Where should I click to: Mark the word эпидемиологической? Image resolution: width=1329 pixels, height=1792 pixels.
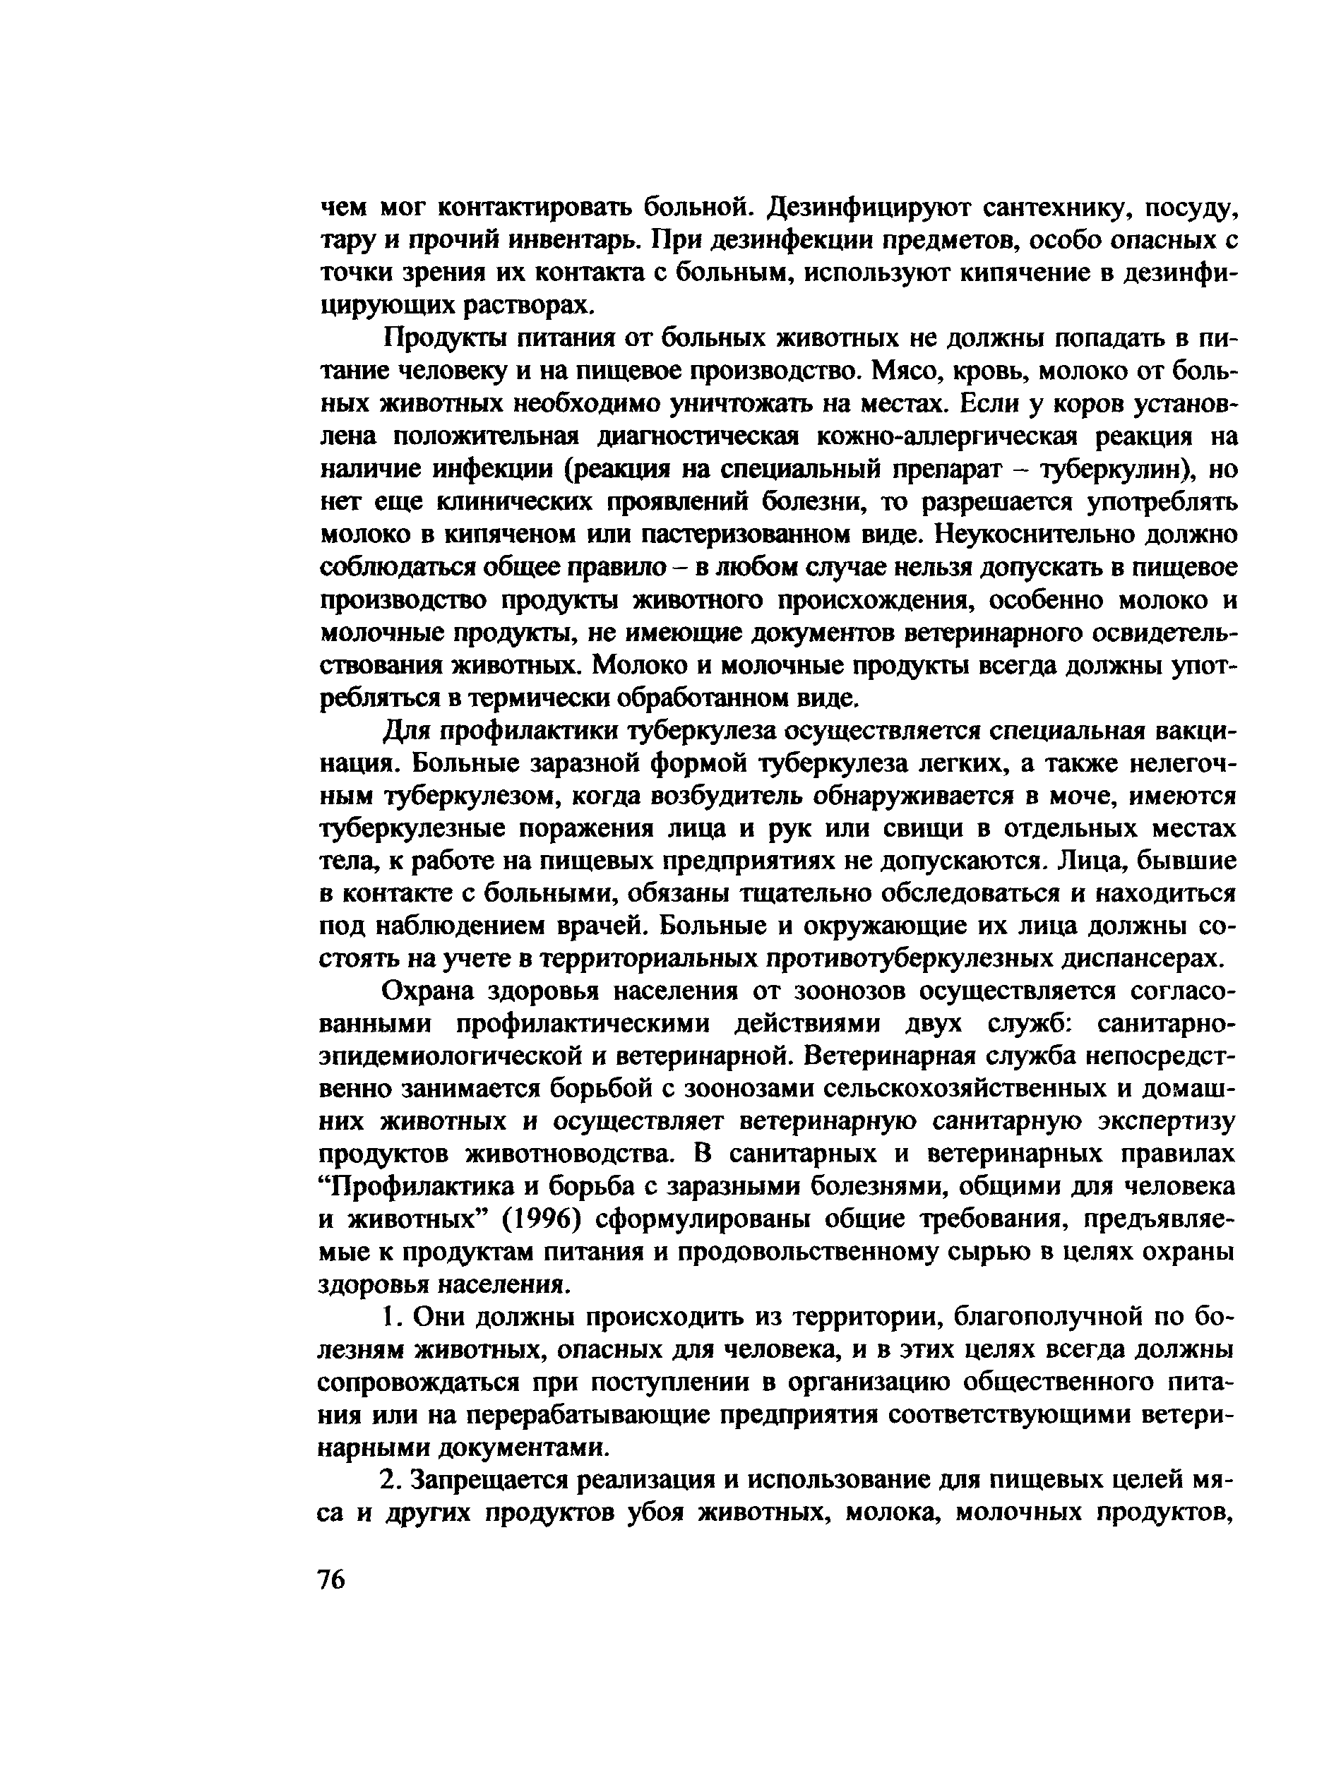coord(469,1057)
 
